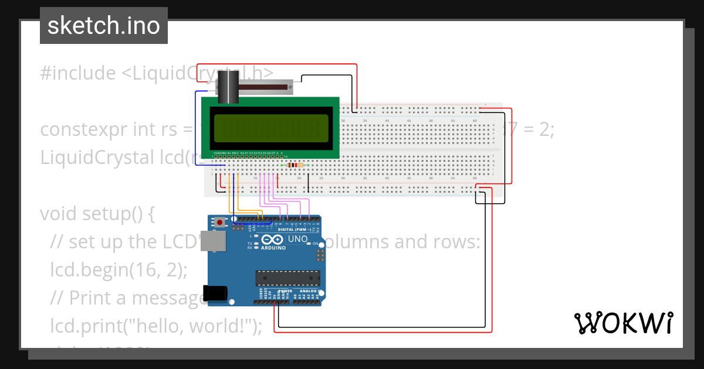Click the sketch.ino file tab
pos(104,26)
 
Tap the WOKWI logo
pos(623,323)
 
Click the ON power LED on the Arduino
pos(309,244)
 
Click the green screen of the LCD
pos(270,128)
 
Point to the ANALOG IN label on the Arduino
pos(307,291)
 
